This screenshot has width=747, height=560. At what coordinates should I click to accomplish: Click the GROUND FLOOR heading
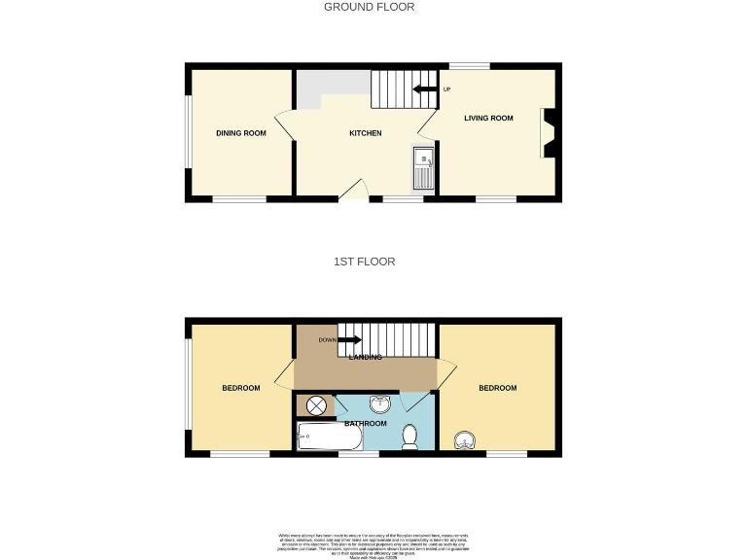369,7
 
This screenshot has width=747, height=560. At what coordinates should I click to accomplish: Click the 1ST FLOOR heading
366,262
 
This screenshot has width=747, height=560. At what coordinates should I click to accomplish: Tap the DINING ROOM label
241,133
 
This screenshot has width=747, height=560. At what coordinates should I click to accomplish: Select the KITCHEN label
365,133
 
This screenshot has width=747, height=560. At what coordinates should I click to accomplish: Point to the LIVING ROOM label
488,119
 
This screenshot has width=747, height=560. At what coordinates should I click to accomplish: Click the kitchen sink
423,167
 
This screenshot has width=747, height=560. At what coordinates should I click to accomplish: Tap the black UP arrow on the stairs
424,90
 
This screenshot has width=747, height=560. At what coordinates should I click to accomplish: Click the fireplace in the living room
550,132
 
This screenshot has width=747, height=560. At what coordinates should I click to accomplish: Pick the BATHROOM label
366,424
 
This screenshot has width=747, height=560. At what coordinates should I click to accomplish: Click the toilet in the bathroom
409,437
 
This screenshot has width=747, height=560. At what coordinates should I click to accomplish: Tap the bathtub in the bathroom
329,437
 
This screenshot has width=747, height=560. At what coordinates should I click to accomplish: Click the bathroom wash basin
378,403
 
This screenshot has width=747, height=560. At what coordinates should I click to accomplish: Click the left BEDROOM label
241,388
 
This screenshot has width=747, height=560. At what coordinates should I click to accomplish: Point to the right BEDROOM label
497,388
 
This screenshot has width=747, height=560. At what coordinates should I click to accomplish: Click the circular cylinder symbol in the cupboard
316,407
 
